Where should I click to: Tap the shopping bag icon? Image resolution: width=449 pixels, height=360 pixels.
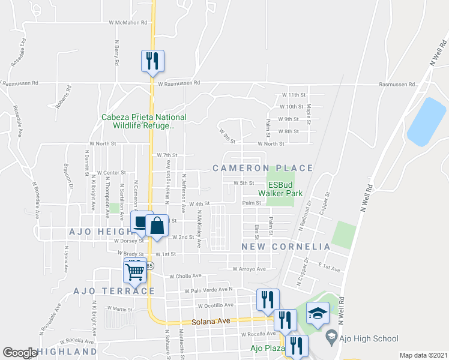pos(157,227)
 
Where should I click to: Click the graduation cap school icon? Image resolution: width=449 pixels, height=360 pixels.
pos(318,313)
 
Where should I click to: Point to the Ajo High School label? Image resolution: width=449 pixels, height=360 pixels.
pos(367,339)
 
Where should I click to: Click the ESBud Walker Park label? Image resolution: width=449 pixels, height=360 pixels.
pos(280,189)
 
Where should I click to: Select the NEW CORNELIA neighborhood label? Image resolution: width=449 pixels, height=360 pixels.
pos(286,247)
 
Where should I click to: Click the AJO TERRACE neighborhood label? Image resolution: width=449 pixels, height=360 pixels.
pos(113,291)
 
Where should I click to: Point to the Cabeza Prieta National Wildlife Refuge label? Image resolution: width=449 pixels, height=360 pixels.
pos(144,121)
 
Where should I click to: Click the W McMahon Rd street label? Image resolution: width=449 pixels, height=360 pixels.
pos(128,23)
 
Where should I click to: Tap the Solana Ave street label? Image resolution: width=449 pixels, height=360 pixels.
pos(211,322)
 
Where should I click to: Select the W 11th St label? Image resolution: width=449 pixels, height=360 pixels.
pos(294,95)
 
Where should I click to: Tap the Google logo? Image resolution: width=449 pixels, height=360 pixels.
pos(20,353)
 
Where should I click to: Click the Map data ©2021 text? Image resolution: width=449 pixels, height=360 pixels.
pos(423,355)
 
